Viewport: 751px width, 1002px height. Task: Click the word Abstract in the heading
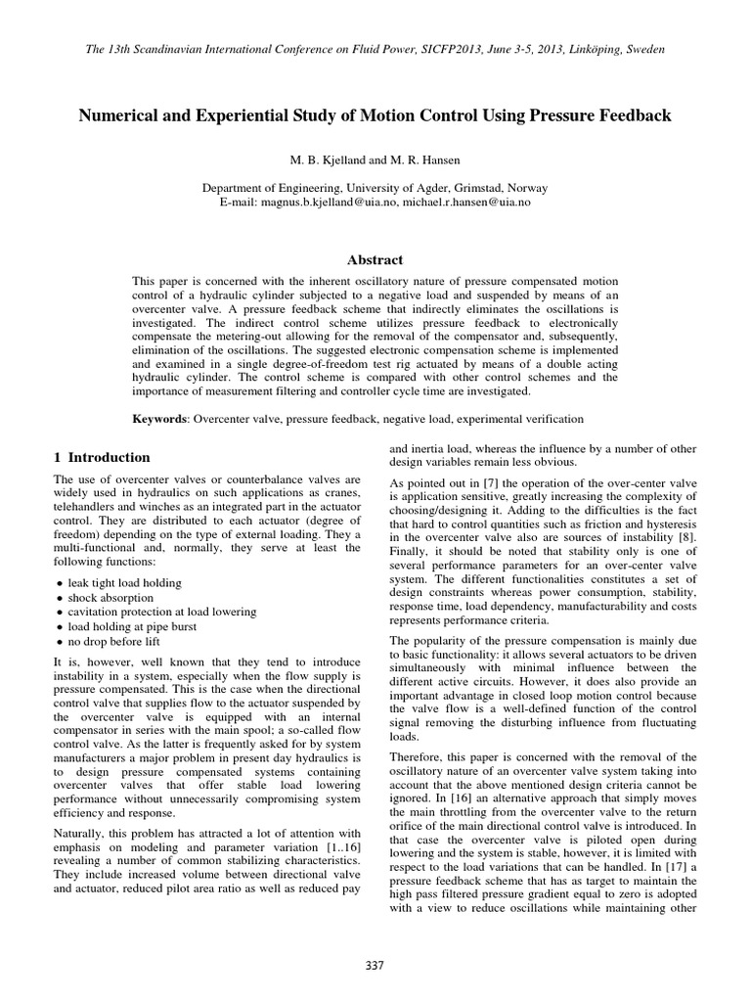[x=375, y=259]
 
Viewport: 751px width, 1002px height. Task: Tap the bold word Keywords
[x=160, y=419]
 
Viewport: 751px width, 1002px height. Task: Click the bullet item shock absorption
[x=112, y=597]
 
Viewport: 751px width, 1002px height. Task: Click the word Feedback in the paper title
[x=637, y=115]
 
